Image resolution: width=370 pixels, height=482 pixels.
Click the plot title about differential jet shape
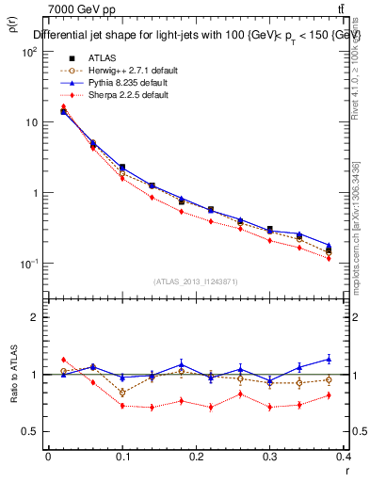(198, 36)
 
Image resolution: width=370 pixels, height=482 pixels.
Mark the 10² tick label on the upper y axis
(30, 52)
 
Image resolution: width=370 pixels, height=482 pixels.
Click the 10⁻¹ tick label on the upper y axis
(30, 264)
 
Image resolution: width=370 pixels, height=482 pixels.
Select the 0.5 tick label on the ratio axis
(30, 431)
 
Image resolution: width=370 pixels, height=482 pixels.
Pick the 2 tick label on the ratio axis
(36, 318)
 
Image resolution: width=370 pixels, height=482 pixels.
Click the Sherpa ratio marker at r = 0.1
(122, 406)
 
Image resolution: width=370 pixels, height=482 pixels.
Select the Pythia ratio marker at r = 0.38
(329, 359)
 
